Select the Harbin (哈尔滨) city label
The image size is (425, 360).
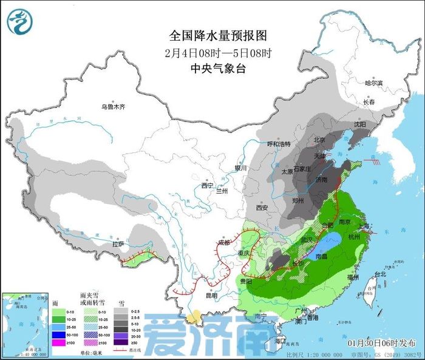pyautogui.click(x=373, y=83)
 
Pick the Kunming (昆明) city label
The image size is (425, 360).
pyautogui.click(x=210, y=296)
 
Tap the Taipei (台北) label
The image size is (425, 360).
pyautogui.click(x=381, y=274)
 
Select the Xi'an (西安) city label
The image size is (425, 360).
pyautogui.click(x=262, y=208)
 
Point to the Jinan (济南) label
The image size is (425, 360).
pyautogui.click(x=322, y=180)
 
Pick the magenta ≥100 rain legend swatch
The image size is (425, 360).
pyautogui.click(x=59, y=344)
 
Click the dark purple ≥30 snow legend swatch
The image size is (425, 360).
pyautogui.click(x=120, y=344)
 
